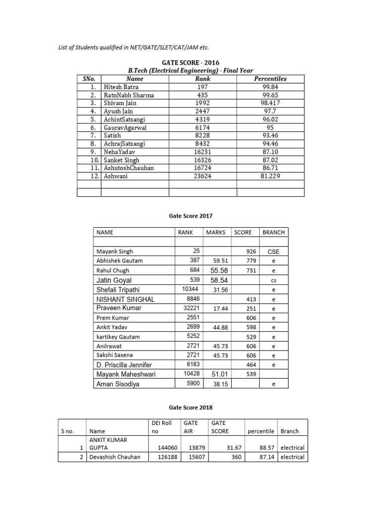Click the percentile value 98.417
point(270,103)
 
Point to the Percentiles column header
point(270,79)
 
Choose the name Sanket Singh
point(121,160)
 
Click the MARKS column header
point(216,233)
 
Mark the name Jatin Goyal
point(114,280)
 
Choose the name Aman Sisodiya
point(118,384)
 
